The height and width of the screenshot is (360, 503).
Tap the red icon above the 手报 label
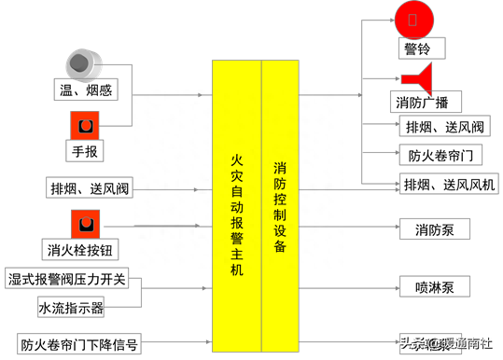pyautogui.click(x=85, y=124)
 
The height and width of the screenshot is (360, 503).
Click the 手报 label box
pyautogui.click(x=85, y=148)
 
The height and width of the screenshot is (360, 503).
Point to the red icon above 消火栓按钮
pyautogui.click(x=86, y=224)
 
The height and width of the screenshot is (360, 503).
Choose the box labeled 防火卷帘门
pyautogui.click(x=440, y=156)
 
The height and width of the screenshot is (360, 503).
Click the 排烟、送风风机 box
pyautogui.click(x=449, y=184)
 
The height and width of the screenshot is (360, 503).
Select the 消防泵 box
pyautogui.click(x=434, y=228)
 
